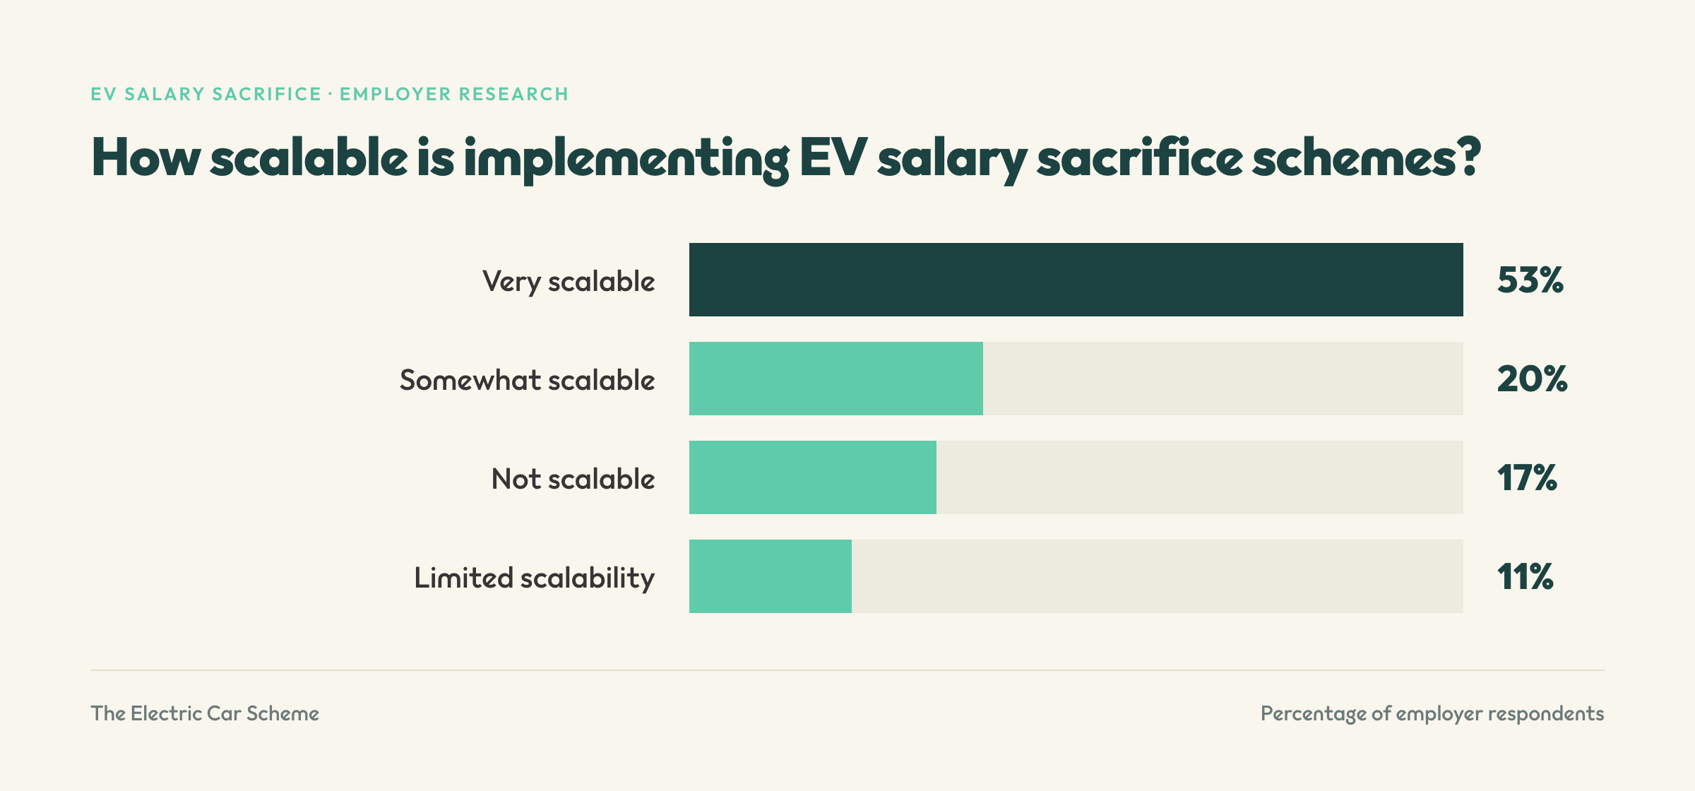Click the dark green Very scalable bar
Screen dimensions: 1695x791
1076,280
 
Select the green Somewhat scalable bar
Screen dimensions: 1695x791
835,379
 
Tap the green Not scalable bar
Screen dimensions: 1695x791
812,477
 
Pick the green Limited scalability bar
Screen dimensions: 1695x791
770,576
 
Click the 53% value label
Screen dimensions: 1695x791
1530,280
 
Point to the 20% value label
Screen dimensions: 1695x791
1532,379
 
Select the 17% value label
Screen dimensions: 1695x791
1527,478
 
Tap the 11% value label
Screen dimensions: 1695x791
1525,577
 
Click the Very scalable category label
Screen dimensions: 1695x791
569,282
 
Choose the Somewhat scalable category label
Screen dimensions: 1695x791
527,380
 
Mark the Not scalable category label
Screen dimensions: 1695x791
573,479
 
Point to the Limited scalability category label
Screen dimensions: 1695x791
534,578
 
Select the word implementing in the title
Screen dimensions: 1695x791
626,160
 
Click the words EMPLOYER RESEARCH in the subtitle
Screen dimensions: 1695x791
454,94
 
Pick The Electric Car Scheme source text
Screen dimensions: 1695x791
205,713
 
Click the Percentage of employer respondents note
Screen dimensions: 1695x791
1432,714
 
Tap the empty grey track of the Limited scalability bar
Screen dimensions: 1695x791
1158,576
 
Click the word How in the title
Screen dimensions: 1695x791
146,157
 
